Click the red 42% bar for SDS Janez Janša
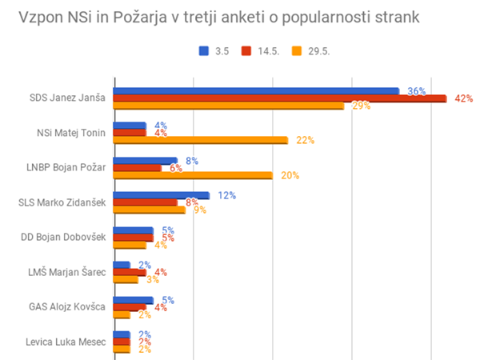[280, 98]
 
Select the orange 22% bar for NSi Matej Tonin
[201, 141]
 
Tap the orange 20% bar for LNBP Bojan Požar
[193, 175]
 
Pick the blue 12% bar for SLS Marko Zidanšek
[162, 195]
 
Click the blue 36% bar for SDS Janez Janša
[256, 90]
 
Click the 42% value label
[464, 98]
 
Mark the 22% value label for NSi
[306, 141]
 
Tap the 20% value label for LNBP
[290, 175]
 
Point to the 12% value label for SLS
[226, 195]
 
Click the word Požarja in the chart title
[129, 17]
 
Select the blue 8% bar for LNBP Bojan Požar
[146, 160]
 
